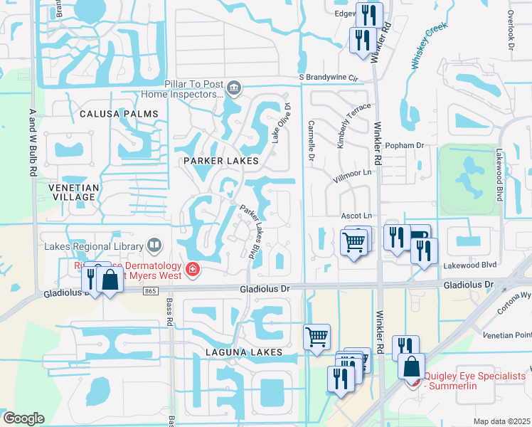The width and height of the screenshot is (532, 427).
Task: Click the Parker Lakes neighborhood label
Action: [x=220, y=161]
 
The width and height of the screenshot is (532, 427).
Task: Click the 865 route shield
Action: [x=149, y=290]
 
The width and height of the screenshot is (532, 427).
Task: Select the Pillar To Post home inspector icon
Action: [x=235, y=89]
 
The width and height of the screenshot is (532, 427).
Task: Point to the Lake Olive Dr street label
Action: [x=280, y=123]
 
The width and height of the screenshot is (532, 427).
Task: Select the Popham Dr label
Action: [x=404, y=145]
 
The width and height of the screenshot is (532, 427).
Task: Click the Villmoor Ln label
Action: [x=353, y=172]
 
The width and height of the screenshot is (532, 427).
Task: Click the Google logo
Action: [x=23, y=418]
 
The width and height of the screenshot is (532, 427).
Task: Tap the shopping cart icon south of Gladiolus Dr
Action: [x=316, y=336]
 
